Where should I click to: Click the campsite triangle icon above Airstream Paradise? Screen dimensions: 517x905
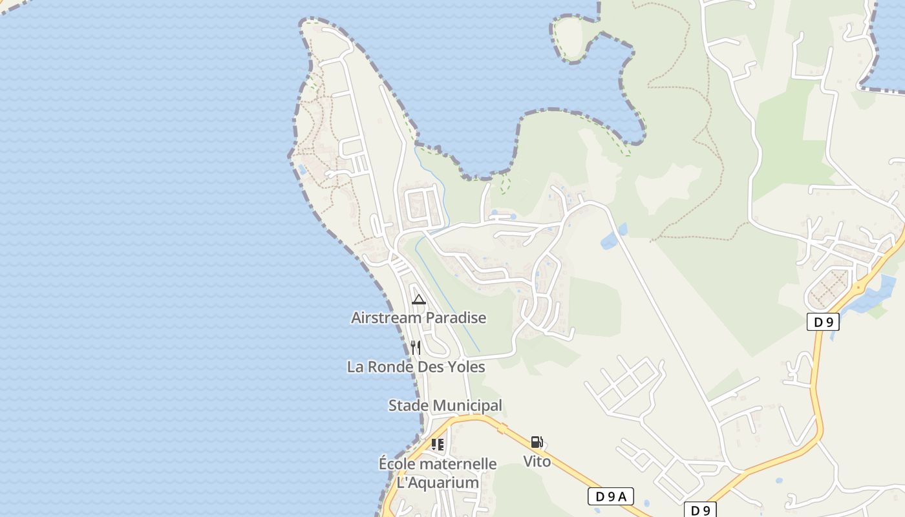click(x=419, y=299)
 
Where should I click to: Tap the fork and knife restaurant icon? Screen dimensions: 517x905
click(x=416, y=348)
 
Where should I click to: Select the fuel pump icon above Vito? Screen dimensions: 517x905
click(x=537, y=443)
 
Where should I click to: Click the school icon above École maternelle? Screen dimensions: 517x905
click(x=438, y=445)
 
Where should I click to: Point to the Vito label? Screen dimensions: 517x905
click(x=537, y=461)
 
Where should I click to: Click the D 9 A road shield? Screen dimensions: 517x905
click(x=610, y=496)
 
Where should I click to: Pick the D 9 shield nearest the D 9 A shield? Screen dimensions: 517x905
click(x=700, y=510)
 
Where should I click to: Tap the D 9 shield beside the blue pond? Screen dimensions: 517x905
click(x=823, y=321)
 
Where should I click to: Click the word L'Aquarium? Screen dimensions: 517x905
click(x=438, y=483)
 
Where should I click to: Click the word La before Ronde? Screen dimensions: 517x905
click(x=355, y=367)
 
